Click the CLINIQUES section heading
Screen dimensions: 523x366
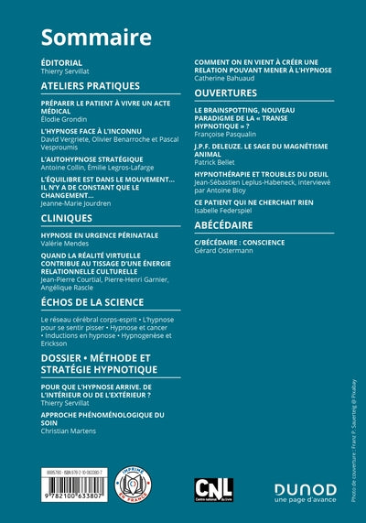click(x=67, y=218)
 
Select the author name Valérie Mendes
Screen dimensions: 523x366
click(x=66, y=244)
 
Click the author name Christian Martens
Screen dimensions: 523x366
click(x=70, y=430)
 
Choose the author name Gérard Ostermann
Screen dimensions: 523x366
click(x=230, y=250)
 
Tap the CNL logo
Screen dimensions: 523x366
click(x=214, y=488)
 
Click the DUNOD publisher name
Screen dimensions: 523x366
click(x=306, y=488)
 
